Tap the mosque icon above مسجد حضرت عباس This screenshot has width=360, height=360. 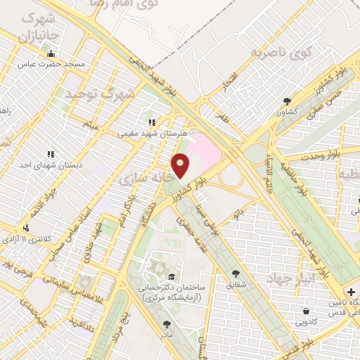tap(50, 53)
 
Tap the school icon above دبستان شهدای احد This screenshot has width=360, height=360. tap(51, 153)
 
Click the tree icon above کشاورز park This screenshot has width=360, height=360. tap(286, 101)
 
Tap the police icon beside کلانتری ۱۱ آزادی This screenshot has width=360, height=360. tap(26, 227)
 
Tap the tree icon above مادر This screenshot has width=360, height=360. tap(167, 324)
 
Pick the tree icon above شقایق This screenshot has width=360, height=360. tap(235, 274)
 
